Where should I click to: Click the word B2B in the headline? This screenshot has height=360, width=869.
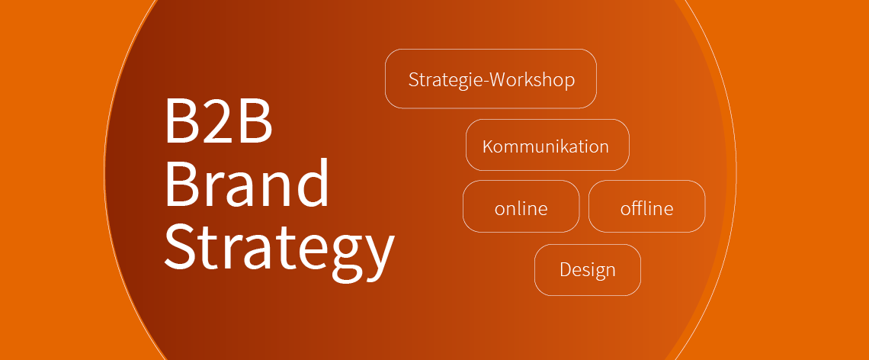click(x=218, y=121)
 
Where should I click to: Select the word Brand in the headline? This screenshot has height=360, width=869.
click(x=247, y=182)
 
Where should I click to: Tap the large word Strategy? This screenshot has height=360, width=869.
click(x=279, y=248)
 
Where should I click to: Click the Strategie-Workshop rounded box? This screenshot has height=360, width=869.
click(x=490, y=79)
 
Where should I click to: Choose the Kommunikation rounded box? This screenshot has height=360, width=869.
click(x=547, y=146)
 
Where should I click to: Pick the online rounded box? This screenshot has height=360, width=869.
click(x=521, y=207)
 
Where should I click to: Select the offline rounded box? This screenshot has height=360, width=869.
click(x=646, y=207)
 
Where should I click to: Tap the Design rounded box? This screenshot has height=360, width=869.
click(x=588, y=270)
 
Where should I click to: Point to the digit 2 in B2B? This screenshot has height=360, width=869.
click(x=218, y=121)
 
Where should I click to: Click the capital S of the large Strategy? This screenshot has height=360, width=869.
click(x=179, y=246)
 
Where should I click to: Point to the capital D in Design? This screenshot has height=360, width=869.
click(x=566, y=269)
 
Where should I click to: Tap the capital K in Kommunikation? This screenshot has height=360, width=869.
click(x=489, y=146)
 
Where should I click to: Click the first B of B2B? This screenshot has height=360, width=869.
click(x=181, y=121)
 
